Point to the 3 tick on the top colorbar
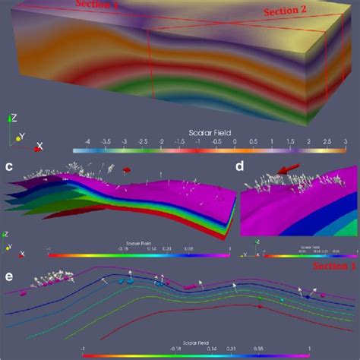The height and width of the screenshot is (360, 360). [x=344, y=142]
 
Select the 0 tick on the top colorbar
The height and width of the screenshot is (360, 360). [x=234, y=142]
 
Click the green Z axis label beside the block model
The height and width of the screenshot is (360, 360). [x=11, y=118]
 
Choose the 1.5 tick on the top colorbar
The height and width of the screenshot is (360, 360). [x=289, y=142]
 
